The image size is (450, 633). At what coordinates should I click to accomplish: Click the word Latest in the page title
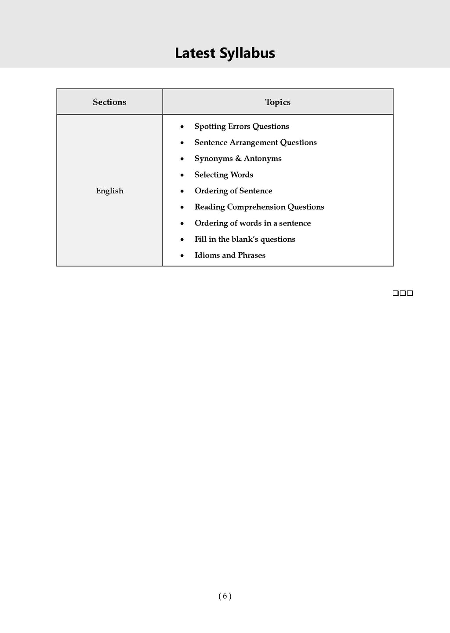coord(195,53)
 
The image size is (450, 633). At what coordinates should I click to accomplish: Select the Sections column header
coord(109,102)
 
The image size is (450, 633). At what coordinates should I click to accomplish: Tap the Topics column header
coord(278,102)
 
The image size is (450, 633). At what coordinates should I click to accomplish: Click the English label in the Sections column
coord(109,191)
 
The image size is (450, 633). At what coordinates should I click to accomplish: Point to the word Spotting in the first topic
coord(210,127)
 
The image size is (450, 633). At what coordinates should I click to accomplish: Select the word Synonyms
coord(214,159)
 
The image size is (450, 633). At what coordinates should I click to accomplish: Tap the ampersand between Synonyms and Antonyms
coord(238,159)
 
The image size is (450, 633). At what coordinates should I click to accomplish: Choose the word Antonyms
coord(263,159)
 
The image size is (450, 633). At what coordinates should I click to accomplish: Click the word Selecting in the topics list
coord(211,175)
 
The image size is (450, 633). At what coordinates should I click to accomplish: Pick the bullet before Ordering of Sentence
coord(182,191)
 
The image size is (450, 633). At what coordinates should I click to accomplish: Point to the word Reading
coord(210,207)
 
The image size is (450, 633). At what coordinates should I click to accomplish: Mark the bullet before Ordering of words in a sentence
coord(182,224)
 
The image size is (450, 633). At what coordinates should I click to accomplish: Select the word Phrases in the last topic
coord(252,255)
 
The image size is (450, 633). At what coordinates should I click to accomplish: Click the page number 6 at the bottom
coord(225,596)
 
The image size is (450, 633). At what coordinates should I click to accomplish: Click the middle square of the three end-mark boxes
coord(403,293)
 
